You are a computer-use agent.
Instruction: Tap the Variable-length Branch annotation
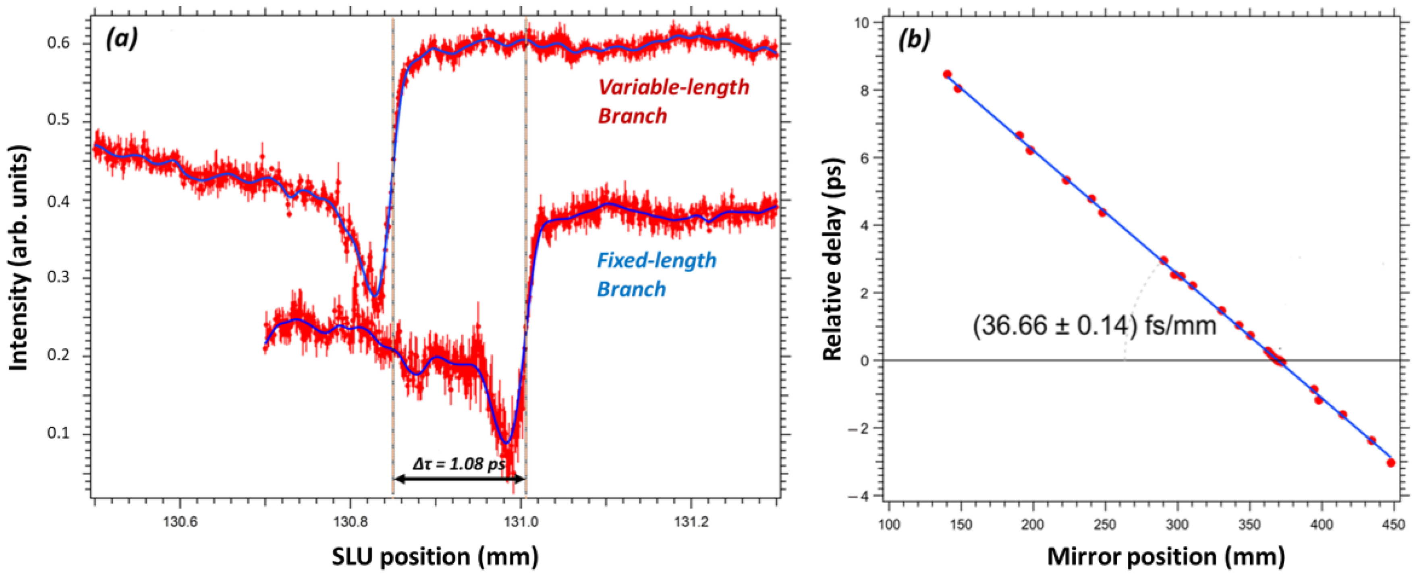[673, 101]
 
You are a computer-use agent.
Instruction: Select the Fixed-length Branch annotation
[656, 274]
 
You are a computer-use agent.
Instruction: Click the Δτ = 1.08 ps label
[458, 464]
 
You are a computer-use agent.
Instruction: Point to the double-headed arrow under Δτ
[459, 480]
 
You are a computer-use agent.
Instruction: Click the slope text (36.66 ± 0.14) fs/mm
[1094, 326]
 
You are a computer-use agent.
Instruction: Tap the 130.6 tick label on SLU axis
[180, 523]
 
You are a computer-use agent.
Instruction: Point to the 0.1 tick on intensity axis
[59, 433]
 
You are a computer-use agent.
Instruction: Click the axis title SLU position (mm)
[435, 557]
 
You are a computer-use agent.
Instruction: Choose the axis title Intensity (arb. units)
[19, 258]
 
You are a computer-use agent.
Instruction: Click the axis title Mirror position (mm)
[1166, 557]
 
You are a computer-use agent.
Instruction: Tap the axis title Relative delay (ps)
[833, 258]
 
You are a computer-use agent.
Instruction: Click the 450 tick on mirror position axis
[1393, 524]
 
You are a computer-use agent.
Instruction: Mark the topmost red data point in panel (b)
[947, 74]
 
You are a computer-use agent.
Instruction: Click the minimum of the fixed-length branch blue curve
[506, 442]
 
